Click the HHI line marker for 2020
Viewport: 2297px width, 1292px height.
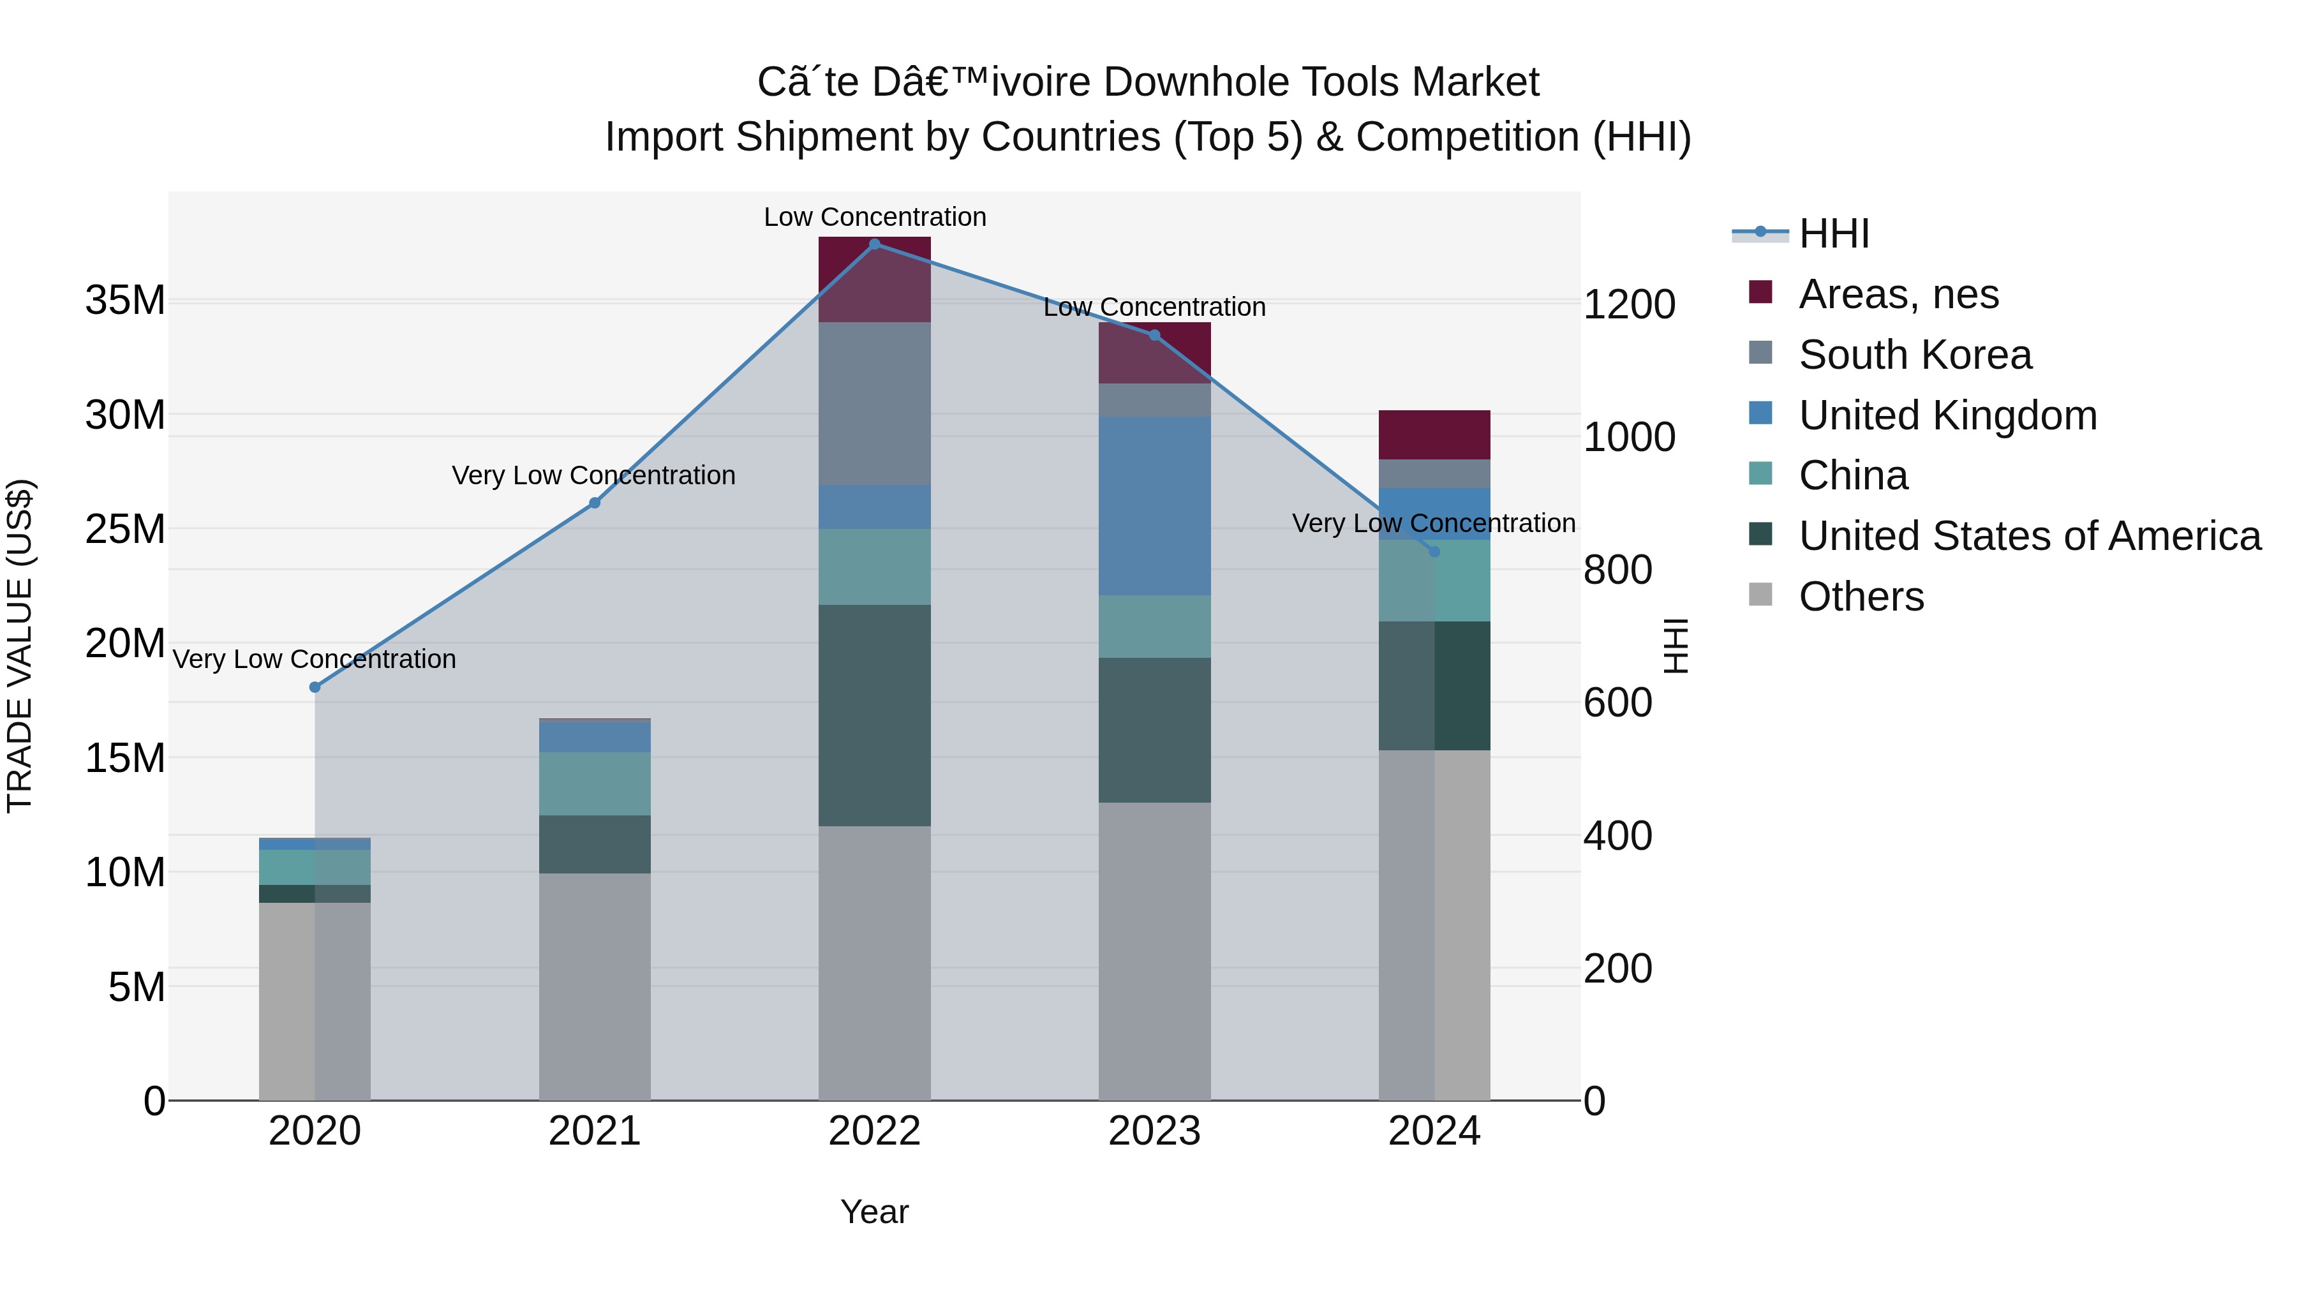tap(315, 687)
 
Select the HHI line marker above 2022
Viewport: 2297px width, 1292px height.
tap(875, 244)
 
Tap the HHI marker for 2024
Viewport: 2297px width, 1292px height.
tap(1434, 552)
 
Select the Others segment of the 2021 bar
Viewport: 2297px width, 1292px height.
tap(595, 986)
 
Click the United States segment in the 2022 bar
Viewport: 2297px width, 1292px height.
tap(875, 715)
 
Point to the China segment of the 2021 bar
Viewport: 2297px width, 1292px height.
tap(595, 783)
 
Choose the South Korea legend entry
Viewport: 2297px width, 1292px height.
tap(1914, 355)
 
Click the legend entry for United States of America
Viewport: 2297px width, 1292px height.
tap(2028, 536)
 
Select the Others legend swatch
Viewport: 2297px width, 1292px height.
tap(1760, 595)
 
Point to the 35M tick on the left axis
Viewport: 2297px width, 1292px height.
tap(125, 301)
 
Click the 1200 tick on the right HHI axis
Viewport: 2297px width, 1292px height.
tap(1628, 305)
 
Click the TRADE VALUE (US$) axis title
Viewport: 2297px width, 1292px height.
tap(20, 646)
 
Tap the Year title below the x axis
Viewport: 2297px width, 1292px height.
tap(874, 1212)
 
